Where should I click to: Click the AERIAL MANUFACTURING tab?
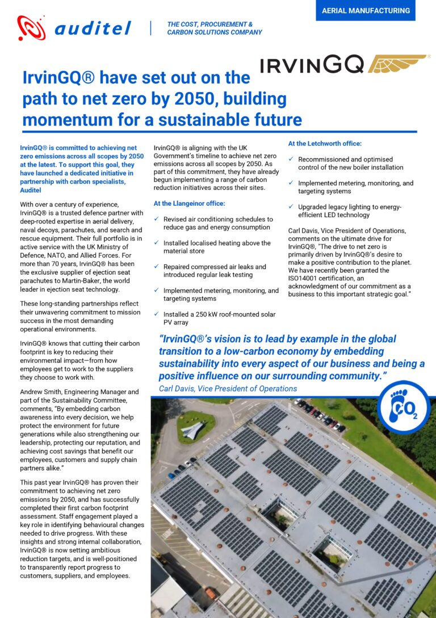(365, 11)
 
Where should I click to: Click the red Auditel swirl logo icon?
(31, 28)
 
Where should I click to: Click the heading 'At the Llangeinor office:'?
(190, 203)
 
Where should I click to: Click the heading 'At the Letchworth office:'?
(325, 144)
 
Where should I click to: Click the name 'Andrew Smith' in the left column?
(41, 392)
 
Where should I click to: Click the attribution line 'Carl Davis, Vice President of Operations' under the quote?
(228, 389)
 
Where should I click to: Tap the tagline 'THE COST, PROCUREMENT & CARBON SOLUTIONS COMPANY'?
(214, 28)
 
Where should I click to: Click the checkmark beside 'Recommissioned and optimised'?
(291, 160)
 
